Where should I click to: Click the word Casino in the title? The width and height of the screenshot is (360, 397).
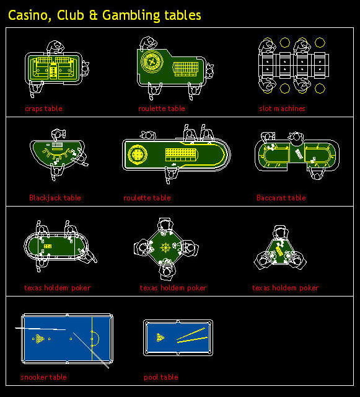28,15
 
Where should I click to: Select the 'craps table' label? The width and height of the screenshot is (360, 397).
43,109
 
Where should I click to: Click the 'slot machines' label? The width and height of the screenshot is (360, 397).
282,109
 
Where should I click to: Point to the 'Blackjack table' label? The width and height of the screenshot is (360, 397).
55,198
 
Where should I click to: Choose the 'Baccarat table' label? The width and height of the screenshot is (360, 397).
281,198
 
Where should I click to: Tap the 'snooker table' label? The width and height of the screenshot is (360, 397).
43,377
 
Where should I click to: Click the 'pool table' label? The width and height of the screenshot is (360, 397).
160,377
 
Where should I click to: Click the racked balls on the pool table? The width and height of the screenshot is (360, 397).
160,338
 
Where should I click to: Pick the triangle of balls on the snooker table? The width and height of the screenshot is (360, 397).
40,339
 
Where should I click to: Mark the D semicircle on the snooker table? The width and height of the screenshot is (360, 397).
95,339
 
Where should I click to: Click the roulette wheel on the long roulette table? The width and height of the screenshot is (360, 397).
137,154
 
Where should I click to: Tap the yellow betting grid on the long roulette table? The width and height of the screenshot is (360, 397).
180,153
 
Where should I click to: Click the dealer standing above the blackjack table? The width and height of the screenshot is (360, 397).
58,133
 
